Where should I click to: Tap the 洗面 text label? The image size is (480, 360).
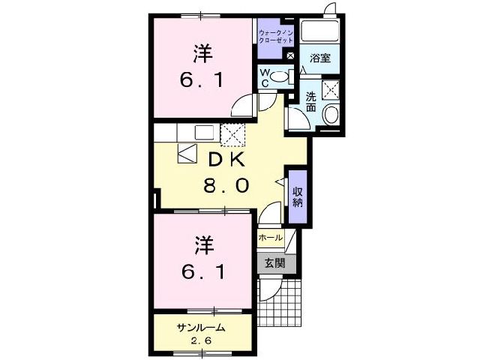[310, 101]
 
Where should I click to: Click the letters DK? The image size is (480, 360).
[224, 159]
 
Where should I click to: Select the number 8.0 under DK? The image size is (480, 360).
[224, 185]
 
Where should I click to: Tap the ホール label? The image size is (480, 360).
[270, 238]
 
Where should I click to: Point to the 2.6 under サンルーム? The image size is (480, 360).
[201, 341]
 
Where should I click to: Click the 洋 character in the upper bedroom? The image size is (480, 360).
[201, 53]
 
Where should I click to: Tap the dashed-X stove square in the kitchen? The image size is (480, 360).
[232, 134]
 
